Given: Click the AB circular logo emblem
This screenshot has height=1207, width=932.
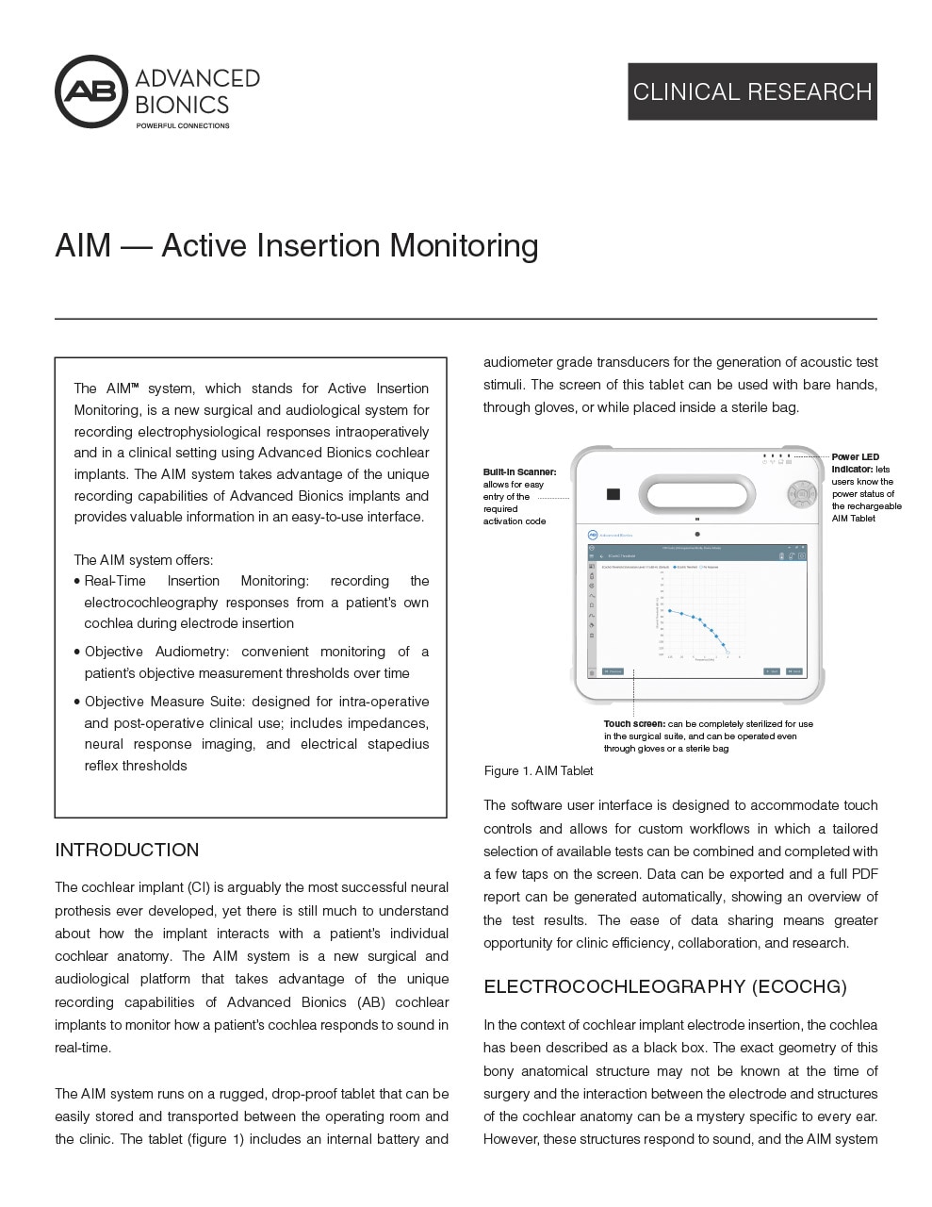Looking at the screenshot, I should (91, 91).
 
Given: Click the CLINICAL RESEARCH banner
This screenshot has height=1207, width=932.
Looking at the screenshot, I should (752, 91).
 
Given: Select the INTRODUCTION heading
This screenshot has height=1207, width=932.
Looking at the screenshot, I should (126, 850).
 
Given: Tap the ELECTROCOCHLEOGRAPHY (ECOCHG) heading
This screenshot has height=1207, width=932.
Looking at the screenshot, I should (664, 986).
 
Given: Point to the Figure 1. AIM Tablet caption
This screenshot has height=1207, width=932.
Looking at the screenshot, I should (538, 770).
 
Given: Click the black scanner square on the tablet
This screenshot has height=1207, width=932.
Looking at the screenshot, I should (613, 494).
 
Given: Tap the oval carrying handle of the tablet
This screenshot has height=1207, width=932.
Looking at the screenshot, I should (696, 493).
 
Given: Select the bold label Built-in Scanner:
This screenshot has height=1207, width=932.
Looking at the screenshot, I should (519, 471).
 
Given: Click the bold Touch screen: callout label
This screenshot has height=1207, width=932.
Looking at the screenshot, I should (634, 724).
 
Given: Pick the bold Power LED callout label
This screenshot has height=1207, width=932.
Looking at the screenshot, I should (855, 457).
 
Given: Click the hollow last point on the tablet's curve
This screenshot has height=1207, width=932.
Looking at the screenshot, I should (728, 653).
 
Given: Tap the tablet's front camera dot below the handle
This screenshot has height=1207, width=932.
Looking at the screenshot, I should (697, 535).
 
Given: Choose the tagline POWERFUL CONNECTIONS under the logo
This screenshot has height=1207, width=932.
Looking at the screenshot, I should (183, 125).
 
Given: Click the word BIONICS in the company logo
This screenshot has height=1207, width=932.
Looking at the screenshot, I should (182, 104).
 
